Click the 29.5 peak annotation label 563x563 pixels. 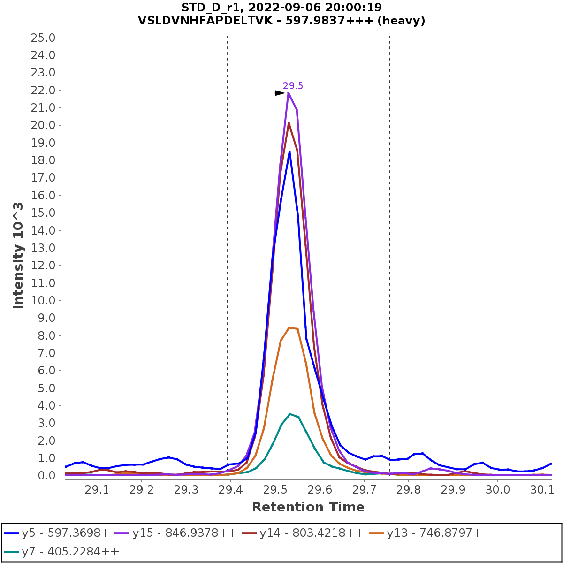pyautogui.click(x=293, y=86)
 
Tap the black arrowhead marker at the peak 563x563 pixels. pyautogui.click(x=280, y=93)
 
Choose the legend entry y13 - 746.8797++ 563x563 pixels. pyautogui.click(x=439, y=533)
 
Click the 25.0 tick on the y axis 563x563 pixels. pyautogui.click(x=43, y=38)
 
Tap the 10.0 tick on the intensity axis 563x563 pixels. pyautogui.click(x=43, y=300)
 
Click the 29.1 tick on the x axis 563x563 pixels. pyautogui.click(x=97, y=489)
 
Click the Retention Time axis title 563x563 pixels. pyautogui.click(x=308, y=507)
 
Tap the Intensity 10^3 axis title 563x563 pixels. pyautogui.click(x=18, y=256)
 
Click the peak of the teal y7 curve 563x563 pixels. pyautogui.click(x=290, y=414)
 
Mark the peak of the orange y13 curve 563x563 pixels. pyautogui.click(x=289, y=327)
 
